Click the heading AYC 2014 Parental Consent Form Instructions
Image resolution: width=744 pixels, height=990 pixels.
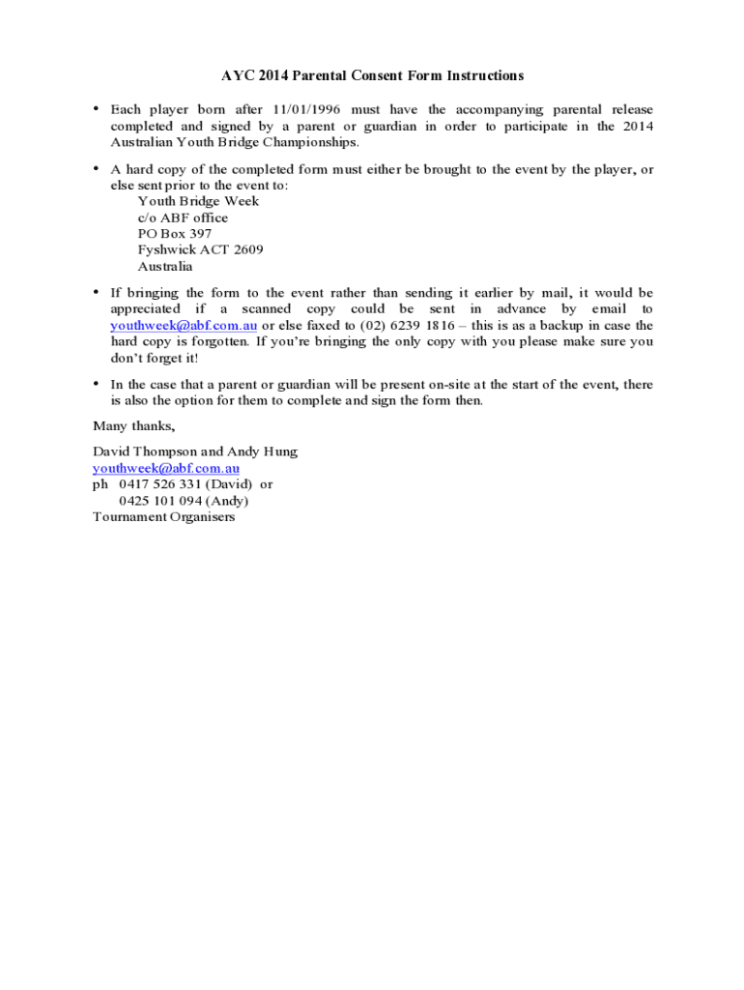(x=372, y=75)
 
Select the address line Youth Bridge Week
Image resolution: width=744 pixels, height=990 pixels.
(x=198, y=201)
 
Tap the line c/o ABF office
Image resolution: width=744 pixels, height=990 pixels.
(x=183, y=218)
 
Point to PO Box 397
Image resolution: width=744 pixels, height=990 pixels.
(x=174, y=234)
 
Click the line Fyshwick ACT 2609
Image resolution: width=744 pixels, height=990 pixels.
(x=200, y=249)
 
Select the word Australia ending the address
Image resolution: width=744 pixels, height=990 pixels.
(x=165, y=266)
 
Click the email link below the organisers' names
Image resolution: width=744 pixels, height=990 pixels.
(x=166, y=468)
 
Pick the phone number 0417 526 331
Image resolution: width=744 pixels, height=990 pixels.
(x=160, y=484)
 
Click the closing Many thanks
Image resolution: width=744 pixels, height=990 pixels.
(x=133, y=426)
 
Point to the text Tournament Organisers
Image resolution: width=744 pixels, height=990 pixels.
(x=163, y=516)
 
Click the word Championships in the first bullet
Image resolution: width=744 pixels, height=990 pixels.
(x=307, y=142)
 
